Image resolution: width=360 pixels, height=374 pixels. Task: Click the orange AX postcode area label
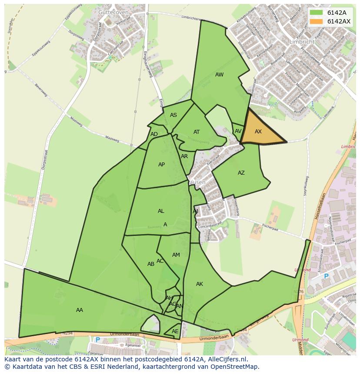(x=258, y=132)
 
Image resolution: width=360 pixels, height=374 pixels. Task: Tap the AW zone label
(x=219, y=75)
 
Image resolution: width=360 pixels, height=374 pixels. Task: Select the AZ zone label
(x=241, y=173)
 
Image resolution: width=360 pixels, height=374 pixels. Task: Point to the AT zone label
(x=197, y=132)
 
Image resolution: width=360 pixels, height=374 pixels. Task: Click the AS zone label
(x=173, y=115)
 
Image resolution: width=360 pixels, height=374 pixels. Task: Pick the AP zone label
(x=161, y=165)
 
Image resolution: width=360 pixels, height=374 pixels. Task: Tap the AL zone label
(x=161, y=211)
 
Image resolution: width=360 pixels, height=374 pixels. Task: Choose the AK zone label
(x=199, y=284)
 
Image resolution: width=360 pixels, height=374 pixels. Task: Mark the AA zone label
(x=79, y=310)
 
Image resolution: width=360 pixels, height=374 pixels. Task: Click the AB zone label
(x=150, y=264)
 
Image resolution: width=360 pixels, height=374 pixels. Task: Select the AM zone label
(x=176, y=255)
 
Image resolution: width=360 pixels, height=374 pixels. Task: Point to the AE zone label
(x=175, y=331)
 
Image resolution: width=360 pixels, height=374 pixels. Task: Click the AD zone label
(x=154, y=134)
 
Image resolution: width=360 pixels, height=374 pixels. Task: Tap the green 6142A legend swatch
(x=317, y=13)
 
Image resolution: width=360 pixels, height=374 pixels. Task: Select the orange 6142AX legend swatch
(x=317, y=21)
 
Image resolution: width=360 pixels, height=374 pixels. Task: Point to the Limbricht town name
(x=301, y=41)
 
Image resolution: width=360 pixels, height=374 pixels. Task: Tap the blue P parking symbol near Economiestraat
(x=326, y=276)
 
